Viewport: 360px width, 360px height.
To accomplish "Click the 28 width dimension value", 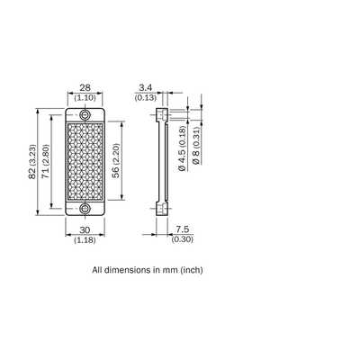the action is coord(85,87).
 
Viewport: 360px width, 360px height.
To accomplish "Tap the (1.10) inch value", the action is coord(85,97).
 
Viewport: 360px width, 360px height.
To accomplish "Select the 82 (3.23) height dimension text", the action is coord(32,162).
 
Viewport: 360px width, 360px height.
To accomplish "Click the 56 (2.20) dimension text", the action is coord(116,161).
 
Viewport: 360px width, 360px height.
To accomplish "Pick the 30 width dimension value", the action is coord(85,230).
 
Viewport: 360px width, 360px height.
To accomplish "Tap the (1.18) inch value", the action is coord(85,240).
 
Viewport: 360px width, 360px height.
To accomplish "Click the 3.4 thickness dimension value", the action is coord(146,87).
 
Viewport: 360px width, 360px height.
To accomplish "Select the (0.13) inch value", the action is coord(146,97).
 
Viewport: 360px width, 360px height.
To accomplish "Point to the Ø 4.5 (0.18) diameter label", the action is coord(182,148).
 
